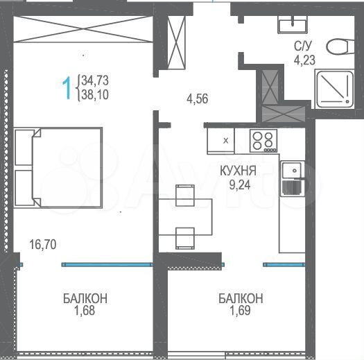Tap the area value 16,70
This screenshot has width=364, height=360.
42,243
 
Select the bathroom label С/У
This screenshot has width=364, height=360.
302,46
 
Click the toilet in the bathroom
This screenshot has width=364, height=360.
339,48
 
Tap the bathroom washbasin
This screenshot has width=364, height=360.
292,26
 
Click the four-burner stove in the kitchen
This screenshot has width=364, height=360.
263,141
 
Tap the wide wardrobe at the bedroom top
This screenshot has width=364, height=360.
81,31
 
